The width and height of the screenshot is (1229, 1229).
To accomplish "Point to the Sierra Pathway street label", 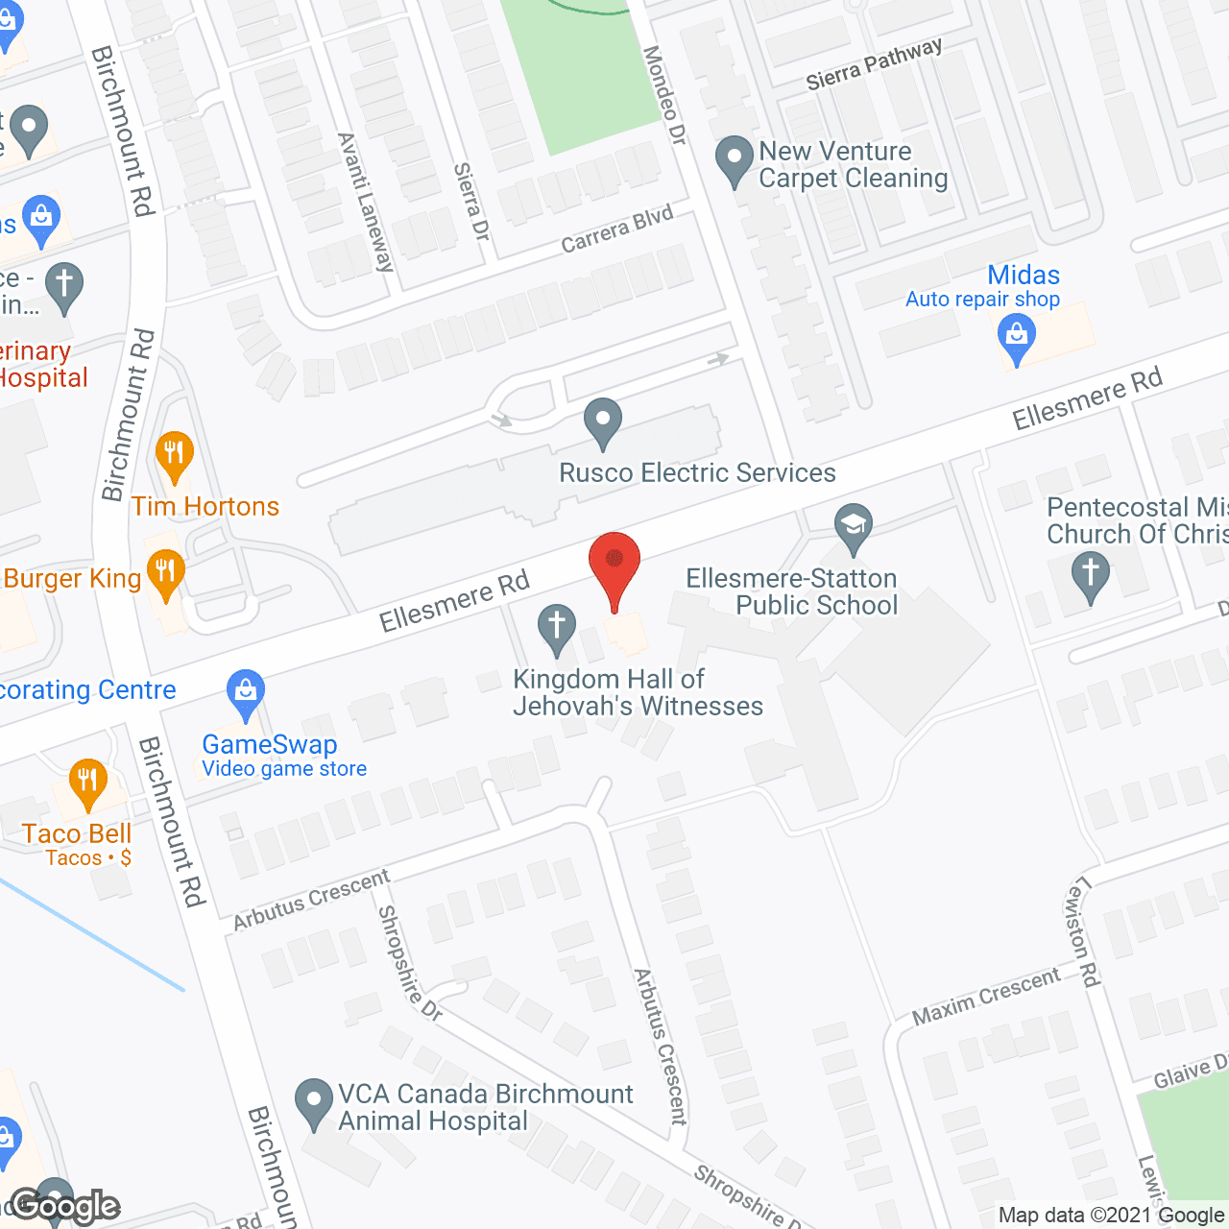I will click(x=874, y=63).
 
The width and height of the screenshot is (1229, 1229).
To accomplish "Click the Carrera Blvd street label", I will click(x=617, y=229).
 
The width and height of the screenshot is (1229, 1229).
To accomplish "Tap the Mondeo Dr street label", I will click(x=664, y=96).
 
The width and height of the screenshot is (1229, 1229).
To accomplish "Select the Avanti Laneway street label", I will click(x=366, y=203).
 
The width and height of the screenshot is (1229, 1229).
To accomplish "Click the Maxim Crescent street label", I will click(x=986, y=997).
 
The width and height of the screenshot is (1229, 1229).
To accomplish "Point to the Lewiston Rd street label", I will click(x=1083, y=931).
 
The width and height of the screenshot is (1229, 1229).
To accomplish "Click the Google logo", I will click(x=64, y=1206).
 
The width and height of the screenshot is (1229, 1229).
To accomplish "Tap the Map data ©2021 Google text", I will click(x=1111, y=1216).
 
